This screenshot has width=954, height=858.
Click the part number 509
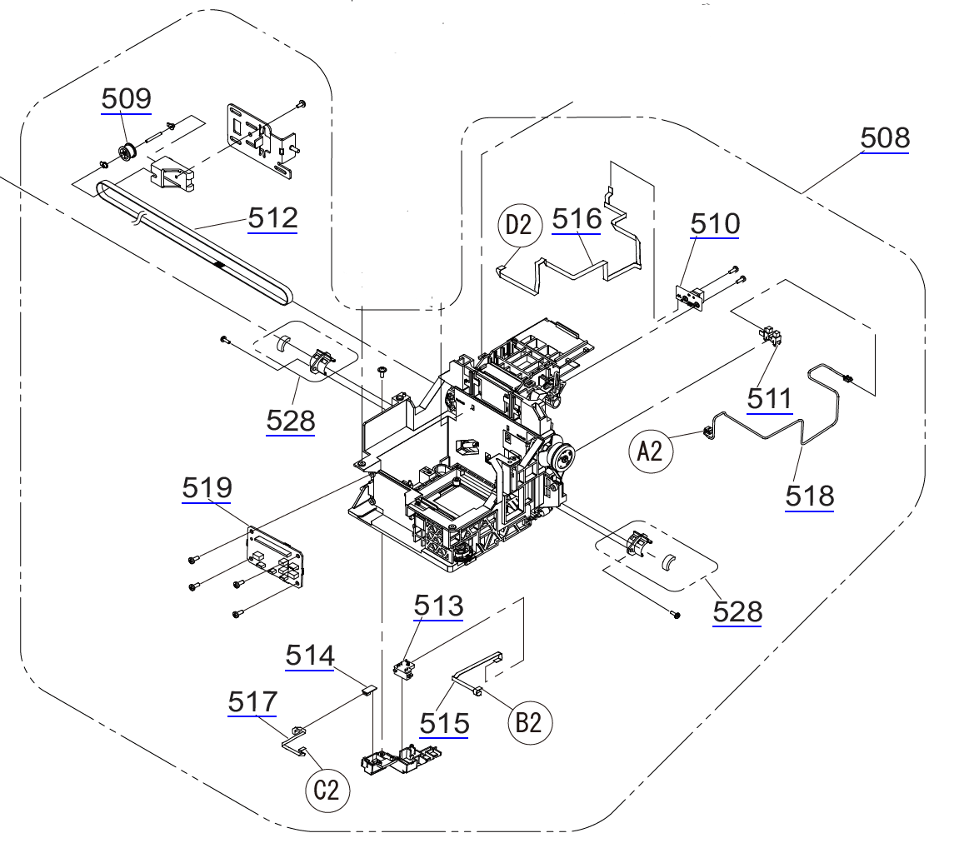[x=127, y=99]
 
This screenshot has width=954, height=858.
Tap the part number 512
[x=272, y=219]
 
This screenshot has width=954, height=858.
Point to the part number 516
[x=577, y=219]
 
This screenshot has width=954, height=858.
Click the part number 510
[x=715, y=223]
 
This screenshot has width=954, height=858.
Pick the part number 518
[x=809, y=496]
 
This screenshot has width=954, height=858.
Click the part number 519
[x=207, y=489]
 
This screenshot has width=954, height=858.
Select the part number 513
[x=438, y=606]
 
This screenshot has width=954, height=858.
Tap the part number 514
[x=310, y=656]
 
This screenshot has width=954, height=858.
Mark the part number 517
[x=252, y=702]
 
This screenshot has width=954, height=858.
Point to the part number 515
[x=444, y=723]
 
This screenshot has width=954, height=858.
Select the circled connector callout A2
[x=649, y=451]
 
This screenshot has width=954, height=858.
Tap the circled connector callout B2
[x=529, y=722]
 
